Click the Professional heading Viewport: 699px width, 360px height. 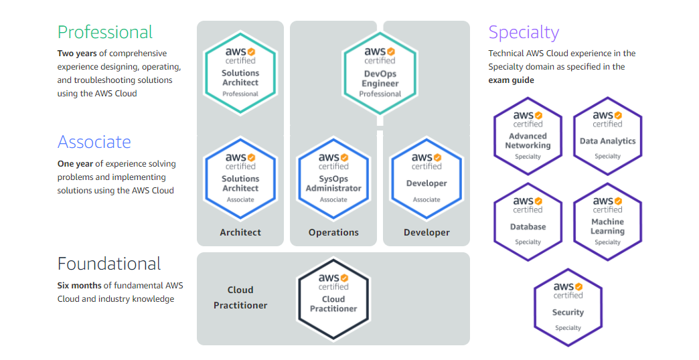coord(105,32)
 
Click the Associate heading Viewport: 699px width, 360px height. coord(94,142)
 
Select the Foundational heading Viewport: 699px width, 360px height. coord(109,264)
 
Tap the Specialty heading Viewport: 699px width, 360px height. coord(524,32)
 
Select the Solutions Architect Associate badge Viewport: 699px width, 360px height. coord(240,177)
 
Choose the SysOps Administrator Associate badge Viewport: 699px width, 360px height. coord(333,177)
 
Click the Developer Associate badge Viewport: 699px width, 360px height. coord(426,177)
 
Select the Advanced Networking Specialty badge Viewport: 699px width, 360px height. coord(528,136)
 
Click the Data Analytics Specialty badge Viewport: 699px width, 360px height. coord(608,136)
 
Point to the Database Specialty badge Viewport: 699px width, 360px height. coord(528,221)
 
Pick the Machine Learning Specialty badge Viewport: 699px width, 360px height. coord(608,221)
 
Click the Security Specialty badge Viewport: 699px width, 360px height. coord(568,307)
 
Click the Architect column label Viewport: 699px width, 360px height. coord(240,233)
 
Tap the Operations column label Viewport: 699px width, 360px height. coord(333,233)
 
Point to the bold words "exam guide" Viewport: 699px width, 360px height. coord(511,80)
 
